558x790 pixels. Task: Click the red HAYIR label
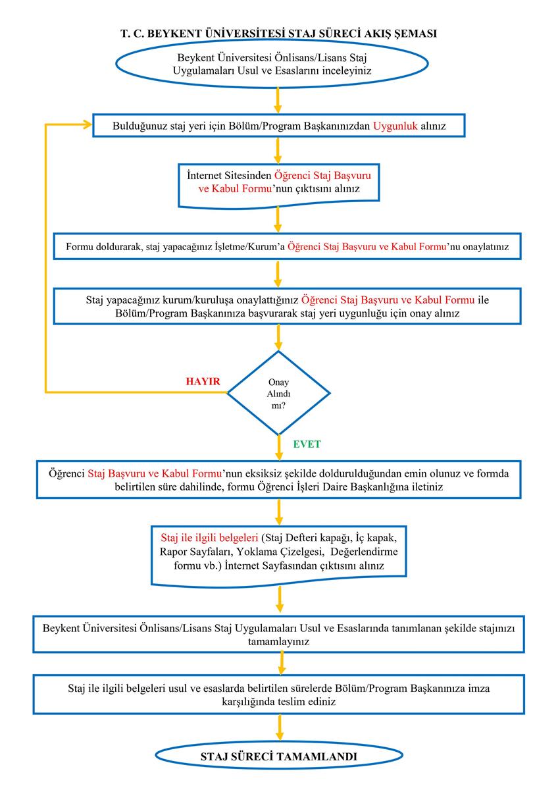point(203,381)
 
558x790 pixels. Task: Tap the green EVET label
point(307,444)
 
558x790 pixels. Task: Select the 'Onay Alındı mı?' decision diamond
point(278,393)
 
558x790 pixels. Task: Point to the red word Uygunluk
point(395,126)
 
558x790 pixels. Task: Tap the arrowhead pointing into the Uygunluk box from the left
point(87,124)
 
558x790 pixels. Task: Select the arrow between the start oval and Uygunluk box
point(278,100)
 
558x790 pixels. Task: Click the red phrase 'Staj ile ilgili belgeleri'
point(209,537)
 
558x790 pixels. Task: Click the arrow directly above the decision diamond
point(278,337)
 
